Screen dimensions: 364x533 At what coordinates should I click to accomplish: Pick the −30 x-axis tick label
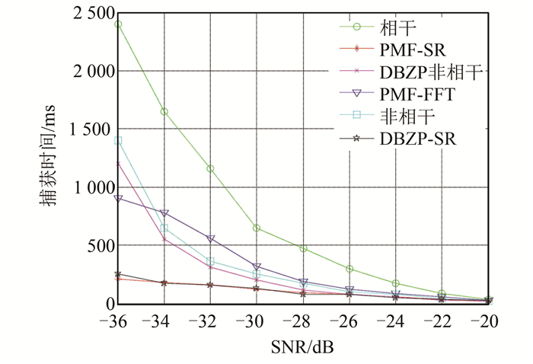257,321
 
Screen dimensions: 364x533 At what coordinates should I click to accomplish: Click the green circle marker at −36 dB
118,24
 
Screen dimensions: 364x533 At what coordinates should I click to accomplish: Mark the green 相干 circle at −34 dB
164,112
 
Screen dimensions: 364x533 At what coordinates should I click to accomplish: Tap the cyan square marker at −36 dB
118,141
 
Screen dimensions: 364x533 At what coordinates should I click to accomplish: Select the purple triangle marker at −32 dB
211,239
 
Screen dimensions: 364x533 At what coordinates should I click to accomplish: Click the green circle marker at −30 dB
257,228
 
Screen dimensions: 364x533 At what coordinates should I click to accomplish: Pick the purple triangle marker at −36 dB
118,199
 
